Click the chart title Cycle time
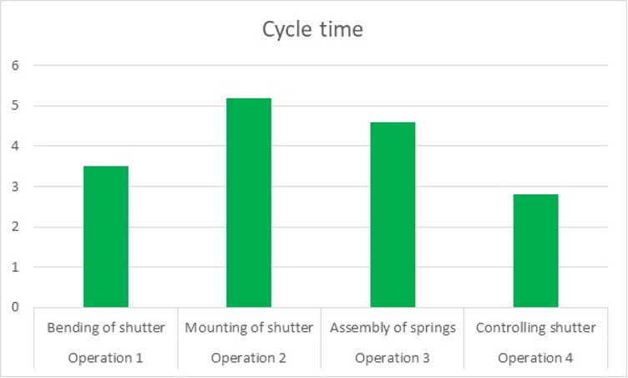[313, 30]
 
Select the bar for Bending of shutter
[106, 237]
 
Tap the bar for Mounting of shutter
[249, 202]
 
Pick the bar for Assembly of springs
[392, 215]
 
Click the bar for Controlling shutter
[535, 251]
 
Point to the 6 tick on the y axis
[15, 65]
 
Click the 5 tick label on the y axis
[15, 105]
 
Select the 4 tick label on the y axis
[15, 146]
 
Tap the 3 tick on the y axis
[15, 186]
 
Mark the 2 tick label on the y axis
[15, 227]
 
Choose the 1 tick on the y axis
[15, 267]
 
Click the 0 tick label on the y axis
[15, 307]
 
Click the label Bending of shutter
[106, 327]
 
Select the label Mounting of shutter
[249, 327]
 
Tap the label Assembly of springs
[392, 327]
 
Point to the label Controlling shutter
[535, 327]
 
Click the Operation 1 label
[106, 358]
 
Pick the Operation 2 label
[249, 358]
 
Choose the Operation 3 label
[392, 358]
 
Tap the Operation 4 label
[535, 358]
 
